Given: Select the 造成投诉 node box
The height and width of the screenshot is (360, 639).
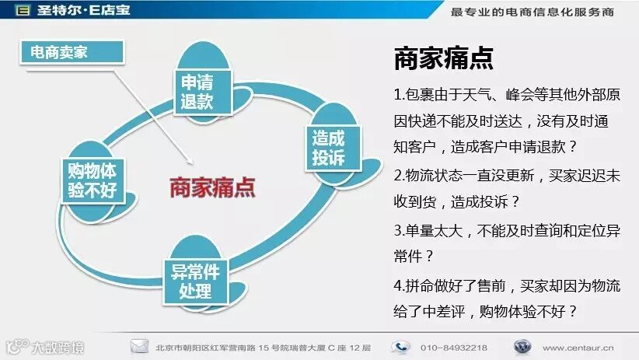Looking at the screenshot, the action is pyautogui.click(x=328, y=147).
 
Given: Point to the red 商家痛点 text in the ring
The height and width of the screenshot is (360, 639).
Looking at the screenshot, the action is pyautogui.click(x=212, y=187).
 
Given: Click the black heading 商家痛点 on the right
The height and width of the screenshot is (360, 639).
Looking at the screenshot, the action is pyautogui.click(x=443, y=59).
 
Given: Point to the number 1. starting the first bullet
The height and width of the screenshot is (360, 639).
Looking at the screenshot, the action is pyautogui.click(x=398, y=96).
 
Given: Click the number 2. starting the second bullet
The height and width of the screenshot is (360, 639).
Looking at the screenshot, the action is pyautogui.click(x=398, y=177).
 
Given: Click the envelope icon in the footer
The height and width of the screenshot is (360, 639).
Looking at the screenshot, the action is pyautogui.click(x=140, y=346).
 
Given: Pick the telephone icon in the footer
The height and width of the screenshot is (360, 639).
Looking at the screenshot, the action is pyautogui.click(x=400, y=346).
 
